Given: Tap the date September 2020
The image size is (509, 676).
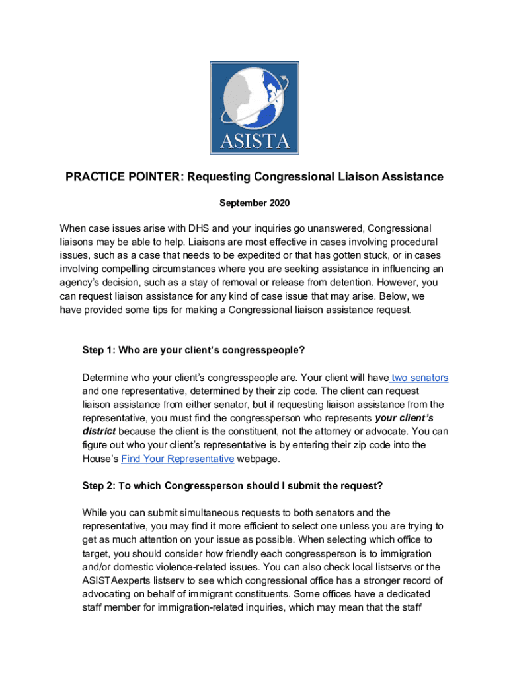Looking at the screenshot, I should pyautogui.click(x=255, y=203).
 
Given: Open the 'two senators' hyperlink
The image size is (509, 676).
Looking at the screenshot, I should pyautogui.click(x=419, y=378).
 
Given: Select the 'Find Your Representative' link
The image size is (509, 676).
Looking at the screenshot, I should pyautogui.click(x=177, y=459).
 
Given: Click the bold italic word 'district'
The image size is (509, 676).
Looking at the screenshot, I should pyautogui.click(x=98, y=432).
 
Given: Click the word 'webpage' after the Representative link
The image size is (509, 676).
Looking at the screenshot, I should pyautogui.click(x=258, y=459).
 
